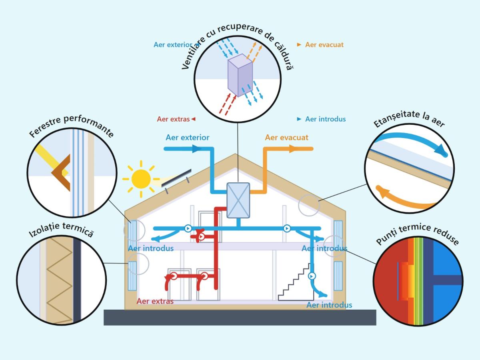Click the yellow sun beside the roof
[141, 179]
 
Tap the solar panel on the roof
[176, 178]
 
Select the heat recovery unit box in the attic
[238, 200]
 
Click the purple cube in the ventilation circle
[240, 75]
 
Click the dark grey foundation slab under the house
[240, 317]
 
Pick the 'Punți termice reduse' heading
[418, 234]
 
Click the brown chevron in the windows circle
[61, 173]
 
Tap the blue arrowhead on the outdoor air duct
[197, 149]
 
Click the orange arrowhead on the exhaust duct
[294, 149]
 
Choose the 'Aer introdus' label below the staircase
[329, 305]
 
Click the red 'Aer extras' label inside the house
[155, 301]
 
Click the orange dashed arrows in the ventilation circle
[254, 52]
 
